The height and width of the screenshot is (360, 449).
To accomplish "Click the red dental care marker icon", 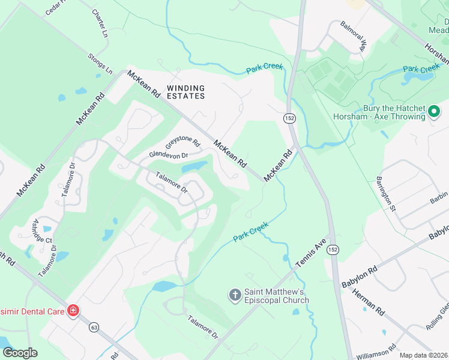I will (x=73, y=311).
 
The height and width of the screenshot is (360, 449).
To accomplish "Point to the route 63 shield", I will (x=94, y=328).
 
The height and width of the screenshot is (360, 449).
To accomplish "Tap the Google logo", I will (x=20, y=353).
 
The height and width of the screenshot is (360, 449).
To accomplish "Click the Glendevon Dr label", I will (x=169, y=155).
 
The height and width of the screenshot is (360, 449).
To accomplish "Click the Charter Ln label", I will (x=100, y=23).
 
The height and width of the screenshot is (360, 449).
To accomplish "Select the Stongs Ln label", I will (x=100, y=63).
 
